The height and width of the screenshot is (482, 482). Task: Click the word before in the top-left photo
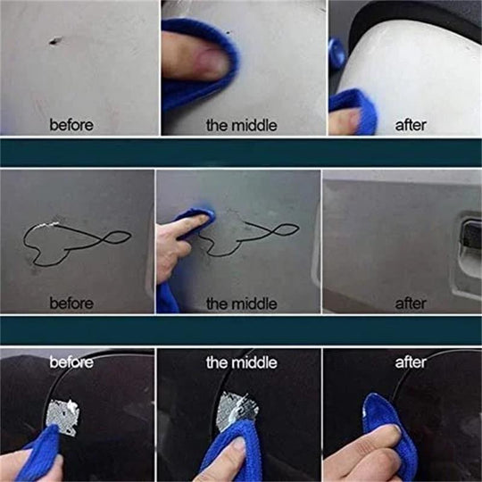click(71, 124)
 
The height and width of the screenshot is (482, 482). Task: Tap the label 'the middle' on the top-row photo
click(241, 124)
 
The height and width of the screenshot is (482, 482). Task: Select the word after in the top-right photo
click(411, 124)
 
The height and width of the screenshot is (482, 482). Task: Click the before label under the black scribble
click(71, 303)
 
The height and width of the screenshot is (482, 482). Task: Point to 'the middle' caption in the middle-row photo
click(241, 303)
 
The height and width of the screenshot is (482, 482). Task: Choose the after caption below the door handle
click(411, 303)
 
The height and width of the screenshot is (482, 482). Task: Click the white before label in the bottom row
click(71, 362)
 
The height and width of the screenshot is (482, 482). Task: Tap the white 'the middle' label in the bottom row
click(241, 362)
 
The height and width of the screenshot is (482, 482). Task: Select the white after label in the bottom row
click(411, 362)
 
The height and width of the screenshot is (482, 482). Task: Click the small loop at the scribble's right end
click(118, 238)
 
